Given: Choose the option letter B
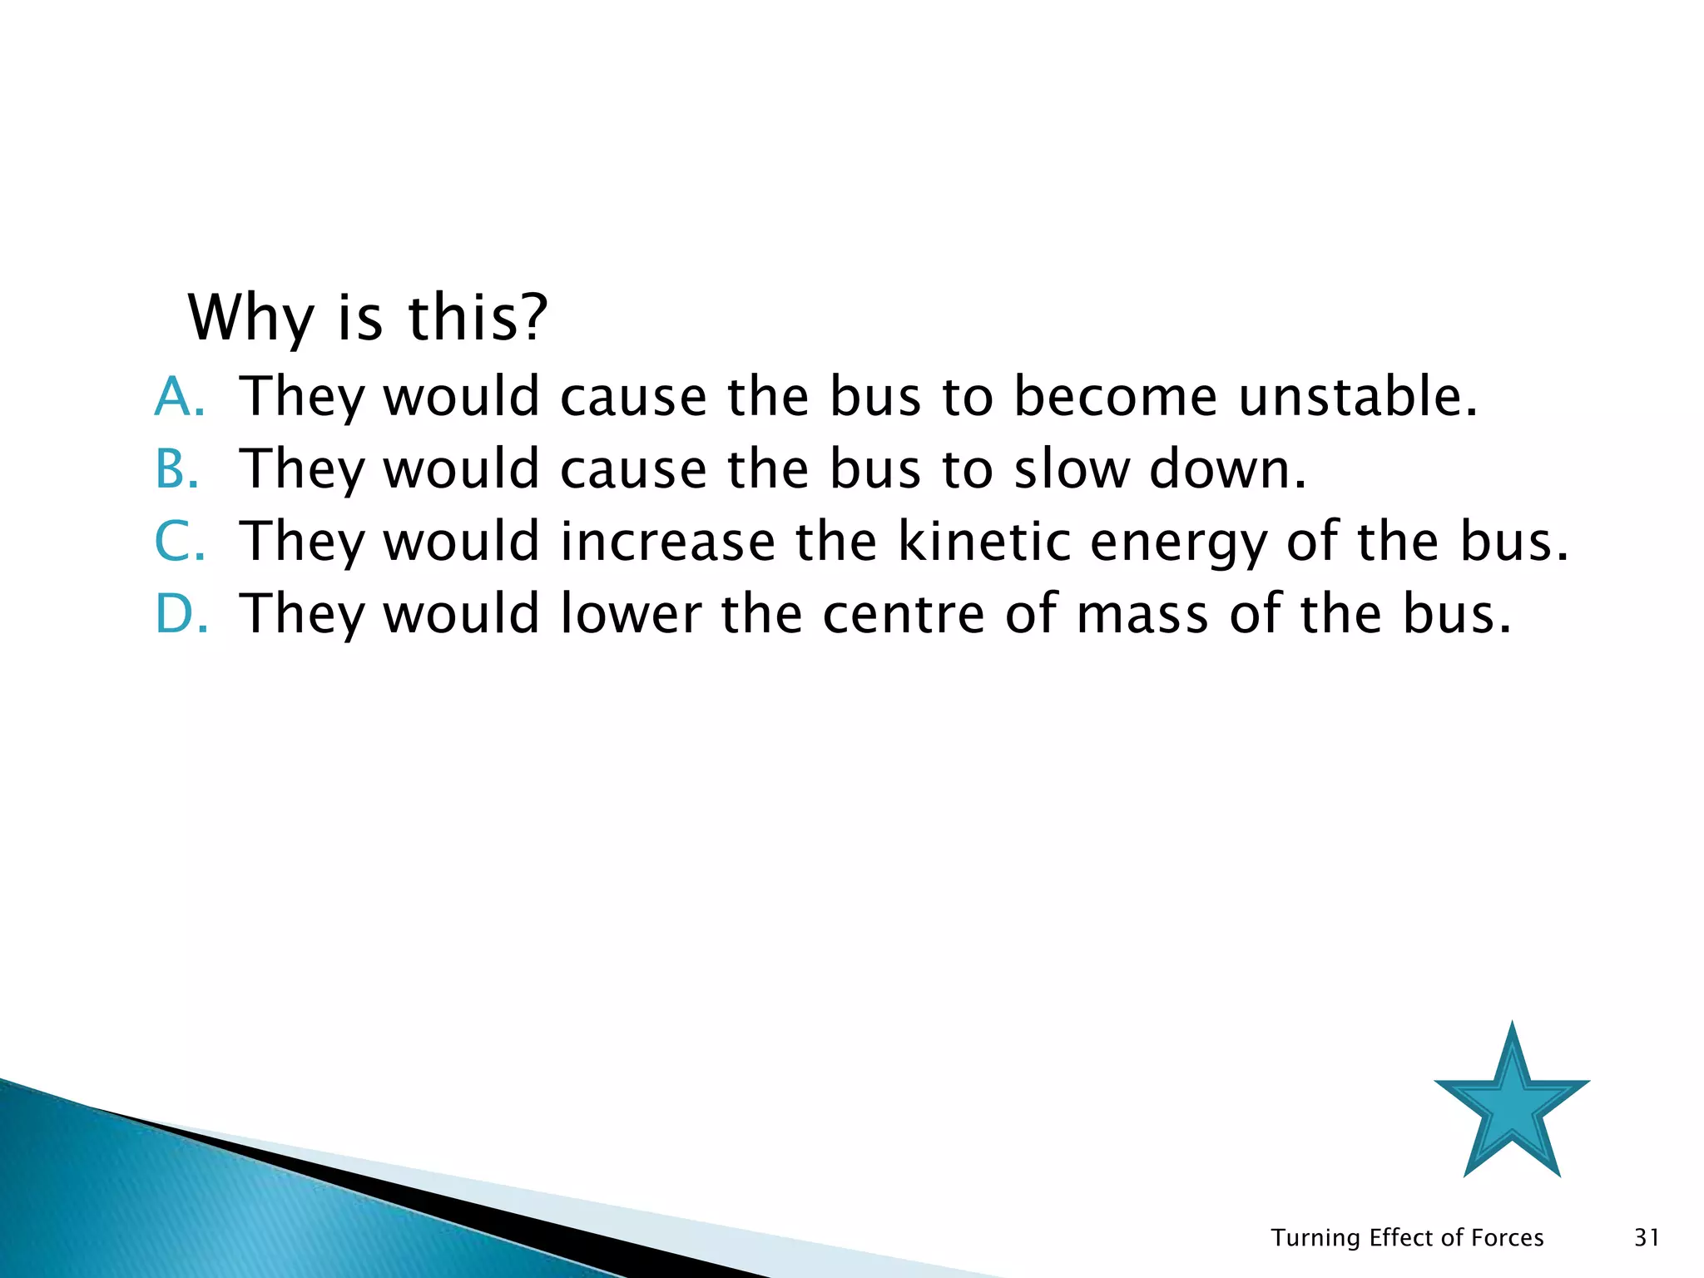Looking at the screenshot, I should pyautogui.click(x=176, y=468).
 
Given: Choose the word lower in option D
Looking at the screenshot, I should pyautogui.click(x=631, y=613).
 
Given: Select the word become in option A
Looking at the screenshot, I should pyautogui.click(x=1115, y=396).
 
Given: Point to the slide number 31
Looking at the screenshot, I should pyautogui.click(x=1647, y=1238).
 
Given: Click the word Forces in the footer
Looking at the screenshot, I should pyautogui.click(x=1508, y=1238).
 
